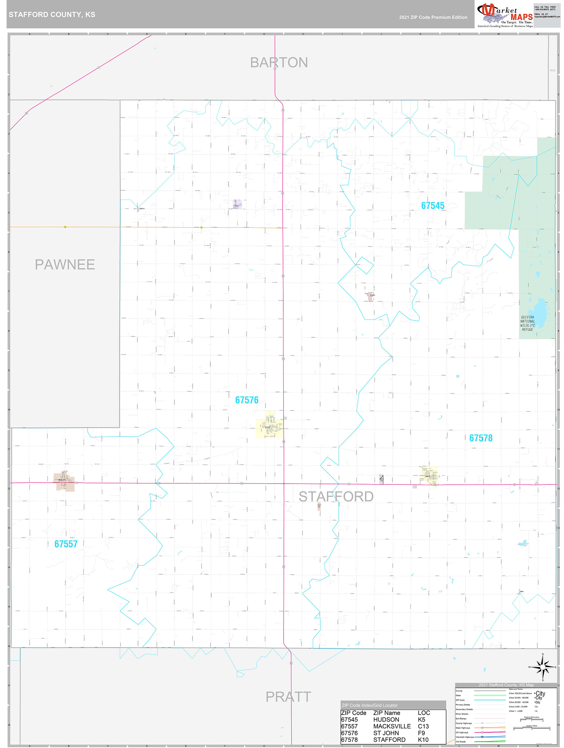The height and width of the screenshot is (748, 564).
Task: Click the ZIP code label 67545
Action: point(433,206)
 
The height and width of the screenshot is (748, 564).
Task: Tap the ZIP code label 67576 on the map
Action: point(246,400)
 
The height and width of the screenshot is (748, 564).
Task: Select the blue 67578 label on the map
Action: point(481,438)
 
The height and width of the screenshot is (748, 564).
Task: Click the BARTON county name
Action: point(279,62)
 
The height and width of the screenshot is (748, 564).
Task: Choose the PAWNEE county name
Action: point(65,264)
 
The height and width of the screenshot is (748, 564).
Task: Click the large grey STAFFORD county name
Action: point(336,496)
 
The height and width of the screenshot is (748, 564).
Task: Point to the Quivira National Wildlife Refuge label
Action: point(527,323)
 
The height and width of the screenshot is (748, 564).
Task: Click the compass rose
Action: point(542,667)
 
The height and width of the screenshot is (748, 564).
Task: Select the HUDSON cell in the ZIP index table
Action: point(386,720)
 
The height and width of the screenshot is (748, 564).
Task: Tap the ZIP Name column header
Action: point(387,713)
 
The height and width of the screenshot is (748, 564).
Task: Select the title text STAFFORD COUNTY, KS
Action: point(52,15)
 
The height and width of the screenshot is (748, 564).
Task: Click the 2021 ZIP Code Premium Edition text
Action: point(433,17)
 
